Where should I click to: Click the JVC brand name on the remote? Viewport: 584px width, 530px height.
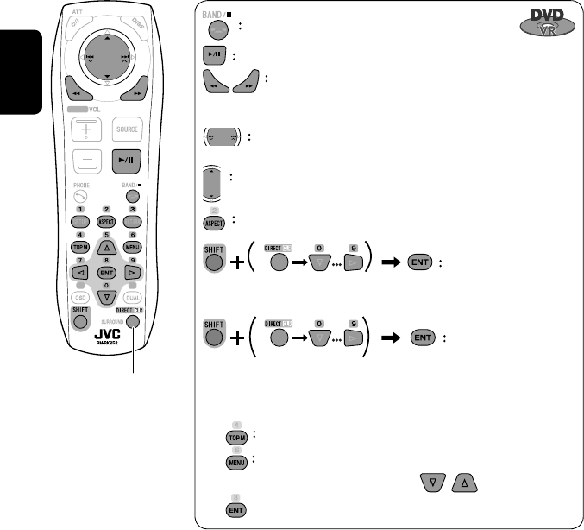tap(107, 331)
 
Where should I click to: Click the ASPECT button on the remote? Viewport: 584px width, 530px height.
tap(106, 222)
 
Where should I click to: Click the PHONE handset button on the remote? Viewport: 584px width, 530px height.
tap(79, 196)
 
